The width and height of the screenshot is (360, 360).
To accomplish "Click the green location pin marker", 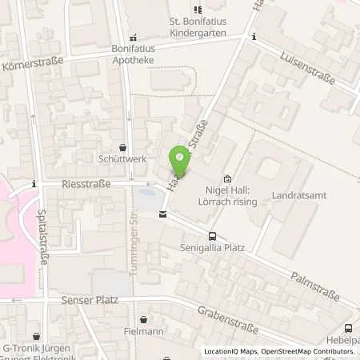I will pos(179,162).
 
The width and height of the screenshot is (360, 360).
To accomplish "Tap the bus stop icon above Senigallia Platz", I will pos(212,235).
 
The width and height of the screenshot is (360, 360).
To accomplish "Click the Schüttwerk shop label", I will pos(122,159).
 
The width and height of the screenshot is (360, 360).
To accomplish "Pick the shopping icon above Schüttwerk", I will pos(122,147).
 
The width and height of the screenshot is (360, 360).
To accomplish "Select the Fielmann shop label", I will pos(143,330).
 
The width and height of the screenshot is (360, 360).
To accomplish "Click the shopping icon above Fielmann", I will pos(143,319).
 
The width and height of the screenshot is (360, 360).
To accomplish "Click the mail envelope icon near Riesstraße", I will pos(162,214).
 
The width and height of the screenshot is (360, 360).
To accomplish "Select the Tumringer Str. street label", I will pos(134,248).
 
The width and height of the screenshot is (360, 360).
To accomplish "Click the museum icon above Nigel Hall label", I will pos(227,179).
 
